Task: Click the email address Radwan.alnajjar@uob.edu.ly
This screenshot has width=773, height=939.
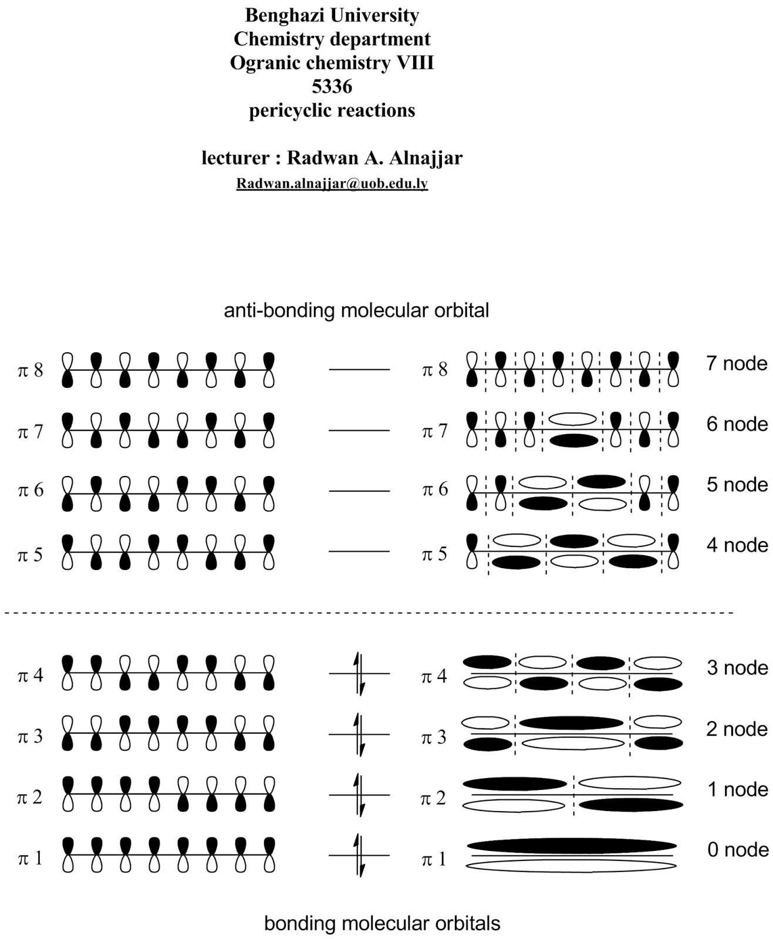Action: (332, 184)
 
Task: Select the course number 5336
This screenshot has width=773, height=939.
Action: (332, 87)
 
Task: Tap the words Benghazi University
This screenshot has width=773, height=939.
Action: (332, 15)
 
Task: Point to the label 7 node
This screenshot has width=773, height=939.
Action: (737, 364)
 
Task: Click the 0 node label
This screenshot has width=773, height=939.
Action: (738, 850)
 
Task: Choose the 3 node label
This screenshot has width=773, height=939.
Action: (737, 668)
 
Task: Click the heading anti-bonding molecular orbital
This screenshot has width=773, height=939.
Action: (356, 310)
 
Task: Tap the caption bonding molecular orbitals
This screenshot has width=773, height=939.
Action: (382, 923)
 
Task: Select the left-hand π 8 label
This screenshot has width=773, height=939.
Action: (31, 371)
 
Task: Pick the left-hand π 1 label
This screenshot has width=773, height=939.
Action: (31, 859)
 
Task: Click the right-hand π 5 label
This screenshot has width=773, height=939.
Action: (434, 554)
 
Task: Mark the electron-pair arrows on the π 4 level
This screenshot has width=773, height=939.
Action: (359, 673)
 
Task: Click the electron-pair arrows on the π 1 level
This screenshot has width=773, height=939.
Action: (359, 855)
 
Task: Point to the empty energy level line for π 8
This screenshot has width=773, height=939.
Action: (359, 370)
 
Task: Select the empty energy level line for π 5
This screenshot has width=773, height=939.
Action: (359, 552)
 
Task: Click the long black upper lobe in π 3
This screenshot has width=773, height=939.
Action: (571, 722)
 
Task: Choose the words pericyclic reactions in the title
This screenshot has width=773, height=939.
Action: (332, 111)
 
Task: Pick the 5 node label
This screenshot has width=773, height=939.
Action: (737, 485)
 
